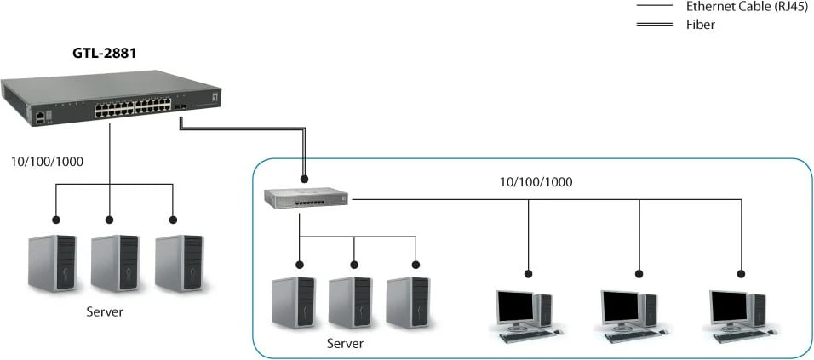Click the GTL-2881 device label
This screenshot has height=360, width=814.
pyautogui.click(x=104, y=53)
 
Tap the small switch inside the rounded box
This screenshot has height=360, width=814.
pyautogui.click(x=306, y=198)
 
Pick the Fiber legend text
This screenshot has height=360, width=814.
pyautogui.click(x=701, y=25)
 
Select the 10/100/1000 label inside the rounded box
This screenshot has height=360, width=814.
pyautogui.click(x=536, y=181)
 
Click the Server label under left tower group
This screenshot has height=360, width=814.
pyautogui.click(x=105, y=311)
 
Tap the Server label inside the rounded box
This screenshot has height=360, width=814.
pyautogui.click(x=345, y=344)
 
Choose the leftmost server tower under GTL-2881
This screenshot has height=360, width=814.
pyautogui.click(x=52, y=263)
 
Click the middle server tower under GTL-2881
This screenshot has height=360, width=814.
pyautogui.click(x=115, y=263)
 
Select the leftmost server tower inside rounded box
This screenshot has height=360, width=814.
pyautogui.click(x=290, y=301)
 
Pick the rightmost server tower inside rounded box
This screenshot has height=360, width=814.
pyautogui.click(x=408, y=301)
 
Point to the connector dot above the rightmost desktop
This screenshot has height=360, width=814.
pyautogui.click(x=741, y=274)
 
